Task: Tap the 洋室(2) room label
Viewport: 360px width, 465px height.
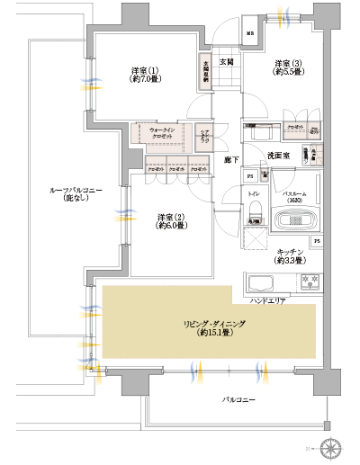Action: tap(171, 221)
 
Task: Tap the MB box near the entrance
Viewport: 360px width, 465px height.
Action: tap(250, 37)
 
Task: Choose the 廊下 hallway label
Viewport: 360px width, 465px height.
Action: tap(230, 160)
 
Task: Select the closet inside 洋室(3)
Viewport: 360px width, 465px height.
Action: tap(295, 129)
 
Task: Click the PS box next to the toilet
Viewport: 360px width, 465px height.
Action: tap(251, 175)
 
